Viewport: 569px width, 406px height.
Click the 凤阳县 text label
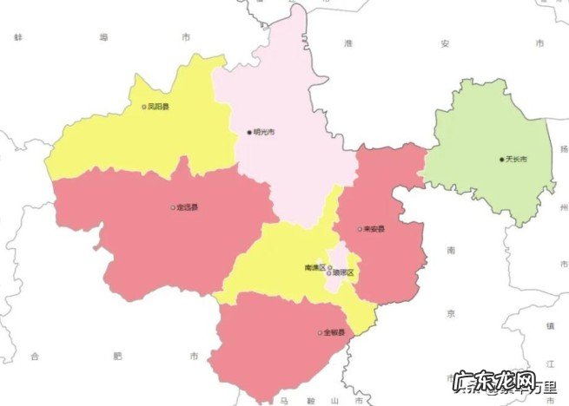click(x=159, y=107)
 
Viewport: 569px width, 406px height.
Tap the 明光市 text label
click(x=264, y=132)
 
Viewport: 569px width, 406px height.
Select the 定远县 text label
click(x=187, y=207)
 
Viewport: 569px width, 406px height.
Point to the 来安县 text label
click(x=375, y=229)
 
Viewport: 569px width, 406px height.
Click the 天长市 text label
click(x=517, y=159)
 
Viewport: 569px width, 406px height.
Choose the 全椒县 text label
click(x=334, y=332)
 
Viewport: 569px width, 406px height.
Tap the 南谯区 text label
click(x=314, y=267)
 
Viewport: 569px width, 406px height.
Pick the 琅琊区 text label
click(x=345, y=273)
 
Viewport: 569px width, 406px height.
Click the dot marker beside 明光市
click(x=248, y=132)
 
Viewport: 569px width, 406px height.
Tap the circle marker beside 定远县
click(x=172, y=207)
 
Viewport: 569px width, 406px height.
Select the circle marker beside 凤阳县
click(x=144, y=107)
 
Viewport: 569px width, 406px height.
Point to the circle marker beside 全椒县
click(x=320, y=332)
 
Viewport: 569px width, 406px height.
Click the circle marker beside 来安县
click(x=361, y=229)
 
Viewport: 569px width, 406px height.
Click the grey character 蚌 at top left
click(x=17, y=38)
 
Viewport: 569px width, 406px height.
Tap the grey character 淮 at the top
click(x=347, y=43)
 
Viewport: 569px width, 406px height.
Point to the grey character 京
click(x=451, y=310)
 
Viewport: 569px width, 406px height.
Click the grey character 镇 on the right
click(x=550, y=325)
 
